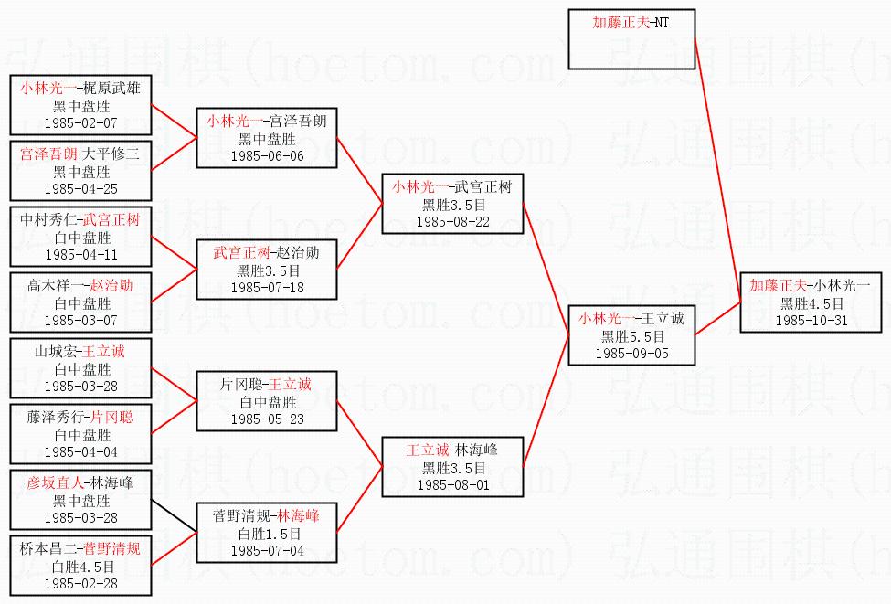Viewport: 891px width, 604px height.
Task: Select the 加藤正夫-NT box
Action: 631,39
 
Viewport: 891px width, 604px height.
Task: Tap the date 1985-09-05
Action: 631,352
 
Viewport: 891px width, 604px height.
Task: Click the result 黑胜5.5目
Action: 631,335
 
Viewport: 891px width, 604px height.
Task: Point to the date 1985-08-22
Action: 452,221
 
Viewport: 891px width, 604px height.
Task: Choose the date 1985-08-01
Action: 452,484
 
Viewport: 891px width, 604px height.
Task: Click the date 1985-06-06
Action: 267,155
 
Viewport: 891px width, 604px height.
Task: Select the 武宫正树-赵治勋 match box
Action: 267,269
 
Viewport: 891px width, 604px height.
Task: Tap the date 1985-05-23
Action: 267,419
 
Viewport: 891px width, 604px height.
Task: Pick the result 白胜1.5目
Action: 267,534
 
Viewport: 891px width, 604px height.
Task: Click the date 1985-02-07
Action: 81,122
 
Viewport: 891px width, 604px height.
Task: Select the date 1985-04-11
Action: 81,254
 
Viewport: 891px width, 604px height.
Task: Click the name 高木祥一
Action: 54,286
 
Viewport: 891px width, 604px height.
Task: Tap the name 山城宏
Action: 54,352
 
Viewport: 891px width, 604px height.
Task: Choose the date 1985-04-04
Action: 81,451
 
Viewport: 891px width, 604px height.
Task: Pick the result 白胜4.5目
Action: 81,566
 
